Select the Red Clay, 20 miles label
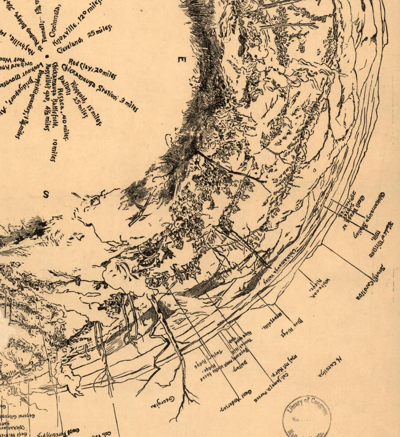93,68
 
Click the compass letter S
46,194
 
